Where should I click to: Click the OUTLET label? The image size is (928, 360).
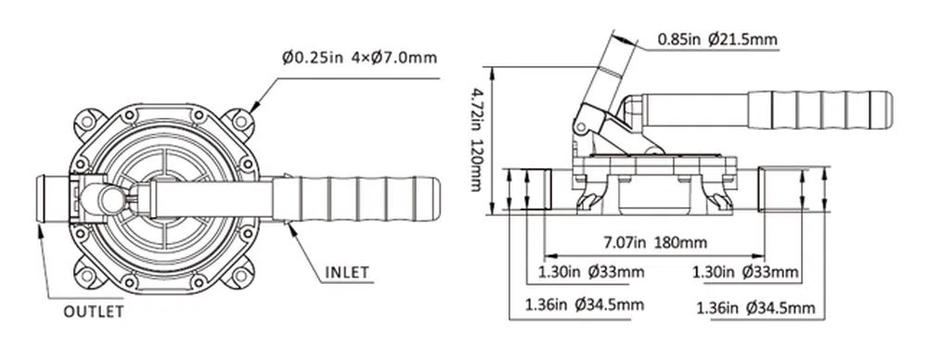[x=94, y=312]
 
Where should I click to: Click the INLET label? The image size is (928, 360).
[x=347, y=273]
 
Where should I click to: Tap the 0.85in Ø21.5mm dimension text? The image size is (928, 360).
[x=717, y=40]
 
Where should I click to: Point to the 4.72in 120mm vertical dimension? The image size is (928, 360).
[x=476, y=140]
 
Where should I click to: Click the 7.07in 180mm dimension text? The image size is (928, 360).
[x=655, y=243]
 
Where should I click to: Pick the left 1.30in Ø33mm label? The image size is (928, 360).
[x=590, y=273]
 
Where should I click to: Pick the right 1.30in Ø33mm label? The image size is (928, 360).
[x=746, y=273]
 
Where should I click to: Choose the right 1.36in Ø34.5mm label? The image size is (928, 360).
[x=755, y=308]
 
